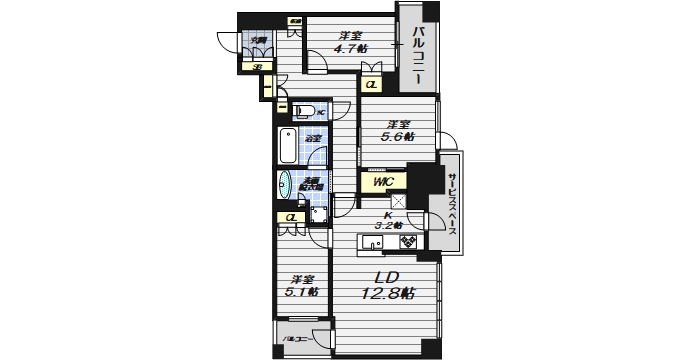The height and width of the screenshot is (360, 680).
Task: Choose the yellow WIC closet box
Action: [383, 182]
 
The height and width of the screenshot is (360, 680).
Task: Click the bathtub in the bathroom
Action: [288, 146]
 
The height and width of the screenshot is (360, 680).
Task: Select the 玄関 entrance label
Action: [259, 40]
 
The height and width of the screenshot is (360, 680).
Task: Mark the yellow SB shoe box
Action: [257, 68]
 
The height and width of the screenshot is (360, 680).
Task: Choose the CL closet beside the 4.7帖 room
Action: [370, 85]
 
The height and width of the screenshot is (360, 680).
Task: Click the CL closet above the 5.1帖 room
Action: [290, 217]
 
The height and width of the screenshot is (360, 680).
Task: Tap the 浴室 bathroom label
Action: [312, 138]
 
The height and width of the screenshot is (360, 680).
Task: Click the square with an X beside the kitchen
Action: [396, 199]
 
